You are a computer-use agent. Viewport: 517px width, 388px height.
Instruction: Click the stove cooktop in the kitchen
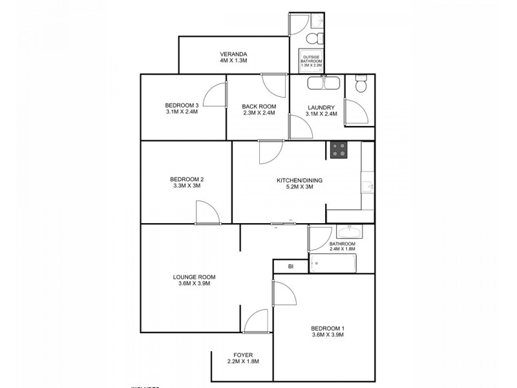coord(339,149)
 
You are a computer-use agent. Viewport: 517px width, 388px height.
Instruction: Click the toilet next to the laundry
coord(361,85)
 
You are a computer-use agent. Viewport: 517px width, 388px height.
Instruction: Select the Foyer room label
coord(245,355)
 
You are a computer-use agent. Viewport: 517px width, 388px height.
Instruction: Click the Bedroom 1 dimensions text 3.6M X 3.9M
coord(326,335)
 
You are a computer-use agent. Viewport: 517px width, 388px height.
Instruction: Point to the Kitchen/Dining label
coord(300,180)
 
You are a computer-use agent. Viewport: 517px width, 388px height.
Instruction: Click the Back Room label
coord(258,107)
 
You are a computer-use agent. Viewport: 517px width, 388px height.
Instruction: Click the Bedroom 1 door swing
coord(284,295)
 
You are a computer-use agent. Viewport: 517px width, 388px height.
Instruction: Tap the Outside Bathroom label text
coord(311,61)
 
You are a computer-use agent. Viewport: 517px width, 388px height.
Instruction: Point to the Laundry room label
coord(321,107)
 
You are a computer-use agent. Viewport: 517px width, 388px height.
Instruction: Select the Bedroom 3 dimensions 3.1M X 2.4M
coord(181,112)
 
